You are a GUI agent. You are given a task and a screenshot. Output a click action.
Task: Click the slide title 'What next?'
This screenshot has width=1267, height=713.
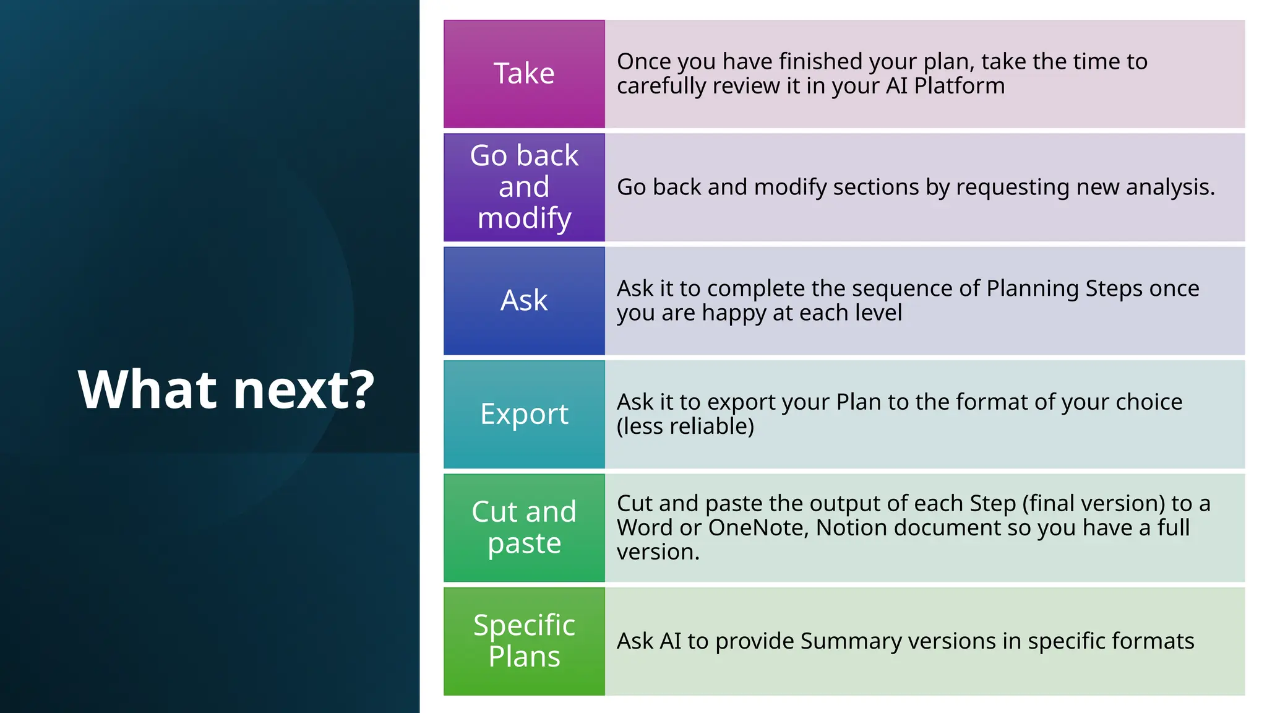coord(226,390)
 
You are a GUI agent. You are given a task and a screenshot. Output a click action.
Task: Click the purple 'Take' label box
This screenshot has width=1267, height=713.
coord(524,74)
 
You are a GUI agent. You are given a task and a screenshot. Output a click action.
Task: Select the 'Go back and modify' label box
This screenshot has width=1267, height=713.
coord(524,187)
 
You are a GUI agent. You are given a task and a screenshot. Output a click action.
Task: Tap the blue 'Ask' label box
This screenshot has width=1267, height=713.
coord(524,301)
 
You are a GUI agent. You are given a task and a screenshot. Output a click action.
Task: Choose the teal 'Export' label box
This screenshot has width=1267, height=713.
coord(524,414)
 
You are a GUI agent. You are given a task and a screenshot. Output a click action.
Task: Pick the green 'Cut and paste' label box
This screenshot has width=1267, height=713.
coord(524,527)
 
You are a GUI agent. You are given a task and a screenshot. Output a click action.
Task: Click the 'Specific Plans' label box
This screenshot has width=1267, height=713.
coord(524,641)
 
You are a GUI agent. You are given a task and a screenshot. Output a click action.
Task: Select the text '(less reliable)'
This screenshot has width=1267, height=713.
coord(685,426)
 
